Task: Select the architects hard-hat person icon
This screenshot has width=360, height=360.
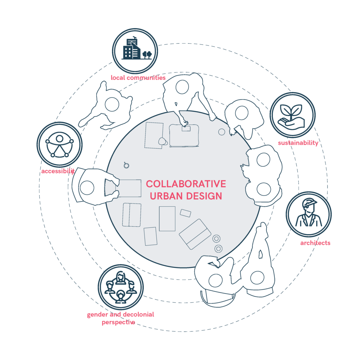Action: [x=309, y=214]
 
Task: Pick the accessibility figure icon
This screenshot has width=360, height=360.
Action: [x=59, y=144]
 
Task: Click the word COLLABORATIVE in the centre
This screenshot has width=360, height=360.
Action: [x=186, y=184]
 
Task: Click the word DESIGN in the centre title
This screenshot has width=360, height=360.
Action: [x=204, y=196]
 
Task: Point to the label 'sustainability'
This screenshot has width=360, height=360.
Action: [x=298, y=143]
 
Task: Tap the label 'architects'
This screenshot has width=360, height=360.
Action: [x=315, y=243]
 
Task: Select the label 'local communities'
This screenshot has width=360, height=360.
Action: [x=138, y=78]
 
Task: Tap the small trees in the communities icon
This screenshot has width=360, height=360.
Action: [x=147, y=54]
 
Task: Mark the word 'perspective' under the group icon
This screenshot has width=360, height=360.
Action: [x=118, y=322]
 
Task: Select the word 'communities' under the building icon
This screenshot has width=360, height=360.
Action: [x=146, y=78]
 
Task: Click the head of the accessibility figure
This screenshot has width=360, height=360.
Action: [x=59, y=139]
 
